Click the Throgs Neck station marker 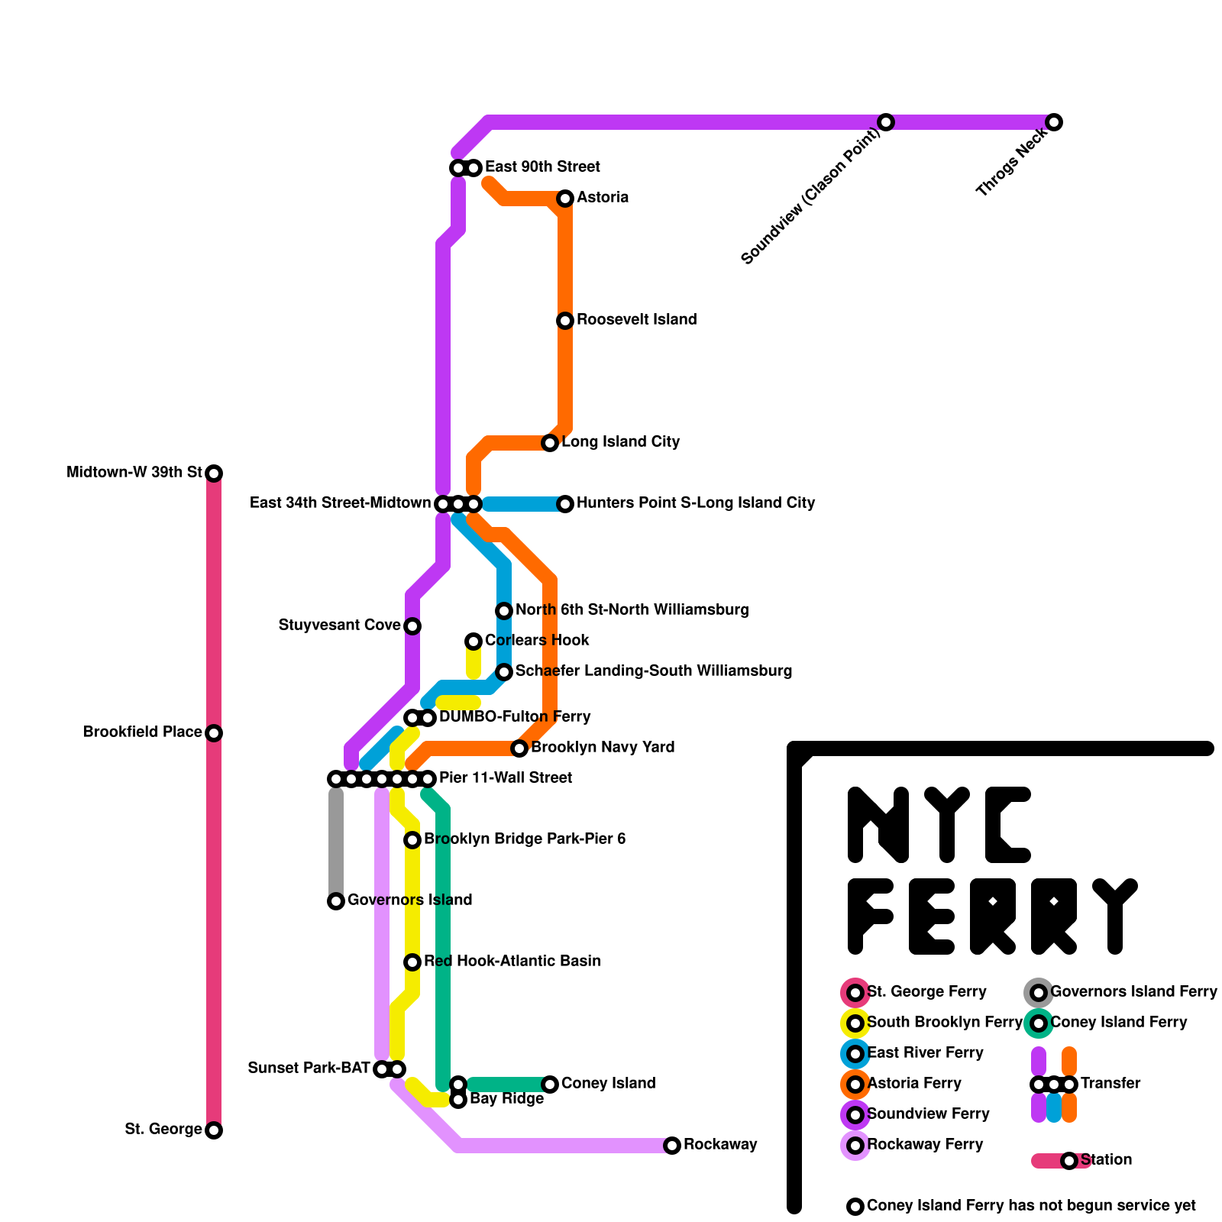1054,122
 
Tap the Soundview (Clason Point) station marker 886,122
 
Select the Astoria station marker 565,199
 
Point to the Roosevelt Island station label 636,320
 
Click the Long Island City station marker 550,443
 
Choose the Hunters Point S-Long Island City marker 565,504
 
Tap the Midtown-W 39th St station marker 215,474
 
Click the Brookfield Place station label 143,732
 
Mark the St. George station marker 215,1130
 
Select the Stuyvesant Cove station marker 412,626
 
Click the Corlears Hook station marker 474,642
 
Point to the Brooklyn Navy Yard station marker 519,748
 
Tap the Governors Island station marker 336,901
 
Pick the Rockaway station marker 672,1146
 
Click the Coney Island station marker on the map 550,1085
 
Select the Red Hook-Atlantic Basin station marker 412,962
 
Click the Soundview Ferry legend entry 928,1114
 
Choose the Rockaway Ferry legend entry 925,1145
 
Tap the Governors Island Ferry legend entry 1133,992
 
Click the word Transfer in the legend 1110,1084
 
